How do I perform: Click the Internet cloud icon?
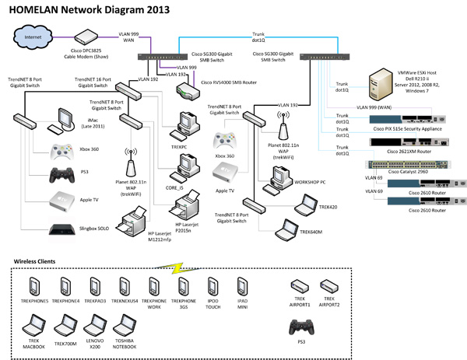coord(33,37)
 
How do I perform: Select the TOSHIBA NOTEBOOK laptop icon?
coord(122,322)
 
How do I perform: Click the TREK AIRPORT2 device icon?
coord(328,285)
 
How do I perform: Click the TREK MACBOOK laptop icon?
coord(33,322)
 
